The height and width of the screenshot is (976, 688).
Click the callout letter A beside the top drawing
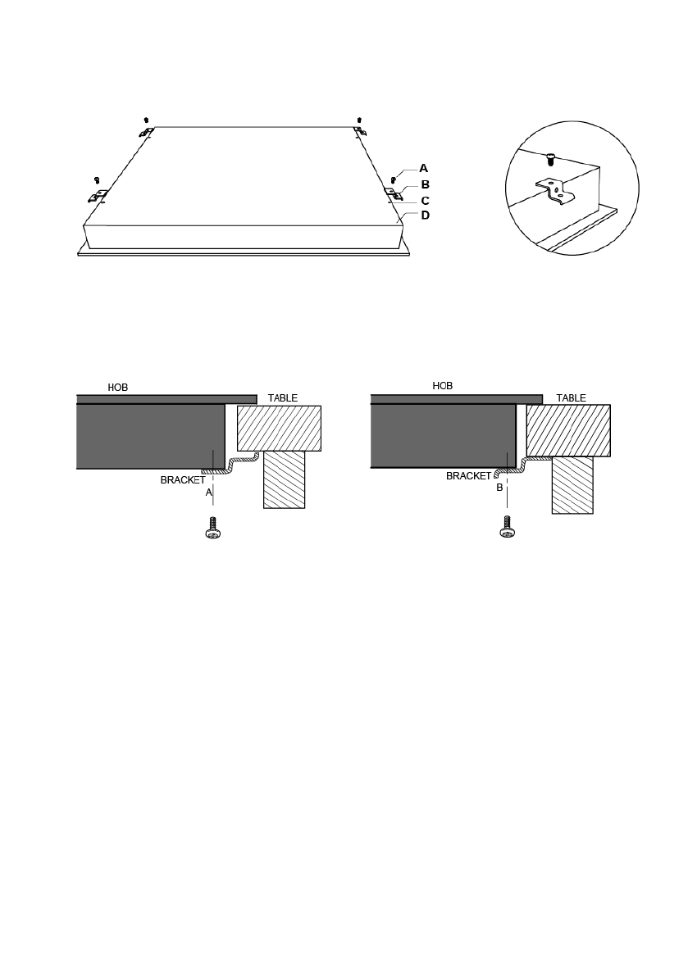point(423,168)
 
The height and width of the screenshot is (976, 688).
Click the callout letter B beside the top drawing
point(426,184)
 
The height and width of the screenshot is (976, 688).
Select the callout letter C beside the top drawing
point(426,201)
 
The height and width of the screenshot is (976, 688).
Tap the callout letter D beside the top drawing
point(426,216)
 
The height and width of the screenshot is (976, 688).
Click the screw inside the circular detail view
point(550,159)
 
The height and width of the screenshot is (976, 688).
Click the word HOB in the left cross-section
point(118,387)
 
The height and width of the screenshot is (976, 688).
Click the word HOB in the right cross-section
point(443,386)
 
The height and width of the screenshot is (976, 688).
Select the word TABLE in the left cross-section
point(283,397)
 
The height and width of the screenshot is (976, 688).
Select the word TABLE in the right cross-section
point(571,397)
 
